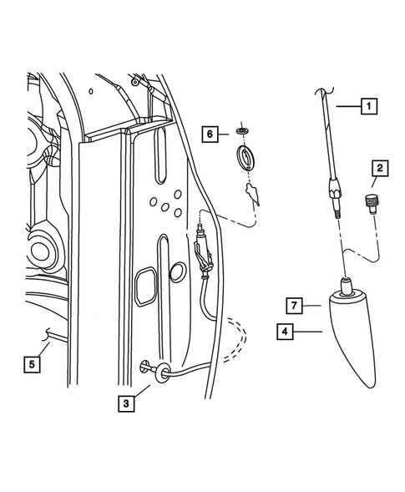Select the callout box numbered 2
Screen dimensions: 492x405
[379, 170]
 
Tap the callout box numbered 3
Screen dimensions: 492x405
[126, 403]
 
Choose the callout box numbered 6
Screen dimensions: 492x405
[213, 133]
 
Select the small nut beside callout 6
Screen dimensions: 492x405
[243, 131]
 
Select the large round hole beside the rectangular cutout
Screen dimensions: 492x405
[178, 273]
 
